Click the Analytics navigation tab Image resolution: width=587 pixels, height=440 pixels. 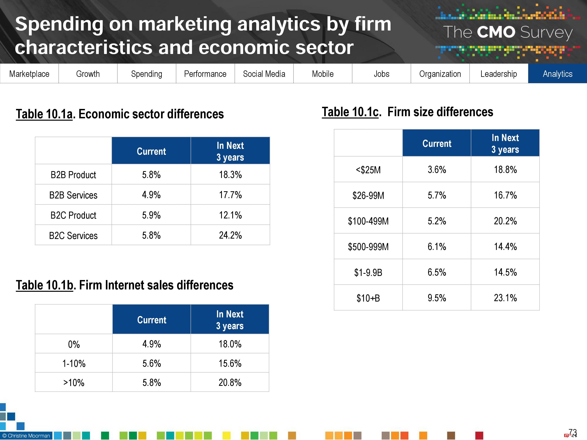557,74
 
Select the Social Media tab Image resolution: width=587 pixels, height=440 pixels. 264,74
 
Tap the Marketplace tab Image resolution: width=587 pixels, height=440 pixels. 29,74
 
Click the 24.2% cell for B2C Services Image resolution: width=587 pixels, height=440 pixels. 230,235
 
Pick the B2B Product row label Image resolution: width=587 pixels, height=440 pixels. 73,175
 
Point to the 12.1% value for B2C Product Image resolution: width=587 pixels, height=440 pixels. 230,215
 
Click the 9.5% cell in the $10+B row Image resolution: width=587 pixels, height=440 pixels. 437,298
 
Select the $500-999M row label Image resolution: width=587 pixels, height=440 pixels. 368,247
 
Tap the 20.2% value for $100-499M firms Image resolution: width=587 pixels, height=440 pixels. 505,221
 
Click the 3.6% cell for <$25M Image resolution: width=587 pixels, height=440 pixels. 437,170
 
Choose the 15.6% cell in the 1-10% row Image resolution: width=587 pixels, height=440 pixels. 230,363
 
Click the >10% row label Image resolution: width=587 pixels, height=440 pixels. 74,383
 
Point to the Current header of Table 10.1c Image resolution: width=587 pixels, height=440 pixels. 437,144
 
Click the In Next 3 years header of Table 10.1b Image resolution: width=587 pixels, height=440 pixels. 230,320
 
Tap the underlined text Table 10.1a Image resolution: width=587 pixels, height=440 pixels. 44,114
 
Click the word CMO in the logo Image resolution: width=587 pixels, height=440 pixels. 496,32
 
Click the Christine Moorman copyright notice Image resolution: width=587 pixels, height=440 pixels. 26,436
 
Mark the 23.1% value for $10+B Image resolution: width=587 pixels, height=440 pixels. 505,298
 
